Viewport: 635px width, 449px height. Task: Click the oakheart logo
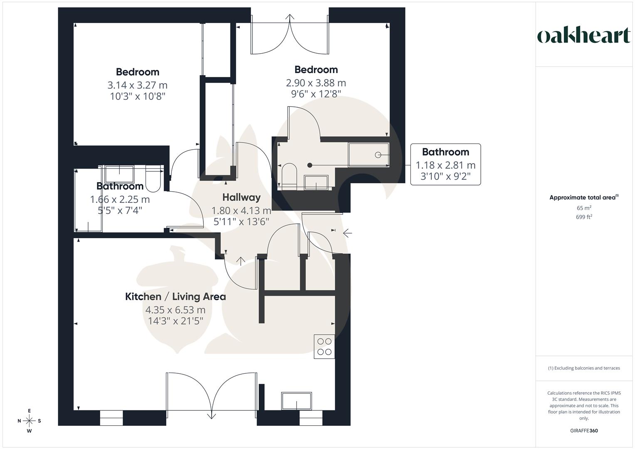(x=584, y=36)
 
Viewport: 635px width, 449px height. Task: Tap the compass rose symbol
(x=30, y=421)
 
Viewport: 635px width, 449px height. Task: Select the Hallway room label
(x=241, y=197)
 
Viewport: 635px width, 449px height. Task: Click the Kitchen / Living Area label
(x=175, y=296)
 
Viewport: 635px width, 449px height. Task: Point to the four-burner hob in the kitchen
(x=324, y=346)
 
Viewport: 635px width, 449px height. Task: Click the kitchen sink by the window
(x=296, y=401)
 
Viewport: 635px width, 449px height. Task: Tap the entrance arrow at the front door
(x=347, y=233)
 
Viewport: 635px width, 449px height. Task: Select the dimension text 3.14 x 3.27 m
(x=137, y=85)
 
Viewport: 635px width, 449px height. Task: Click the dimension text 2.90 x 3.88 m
(x=316, y=83)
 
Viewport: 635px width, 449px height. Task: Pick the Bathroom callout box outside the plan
(x=445, y=164)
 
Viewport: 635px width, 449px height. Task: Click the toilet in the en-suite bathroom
(x=289, y=175)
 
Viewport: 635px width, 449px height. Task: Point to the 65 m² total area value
(x=584, y=208)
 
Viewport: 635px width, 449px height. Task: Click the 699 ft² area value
(x=584, y=217)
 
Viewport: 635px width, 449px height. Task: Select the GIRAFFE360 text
(x=584, y=431)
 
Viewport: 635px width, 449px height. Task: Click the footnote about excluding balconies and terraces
(x=584, y=368)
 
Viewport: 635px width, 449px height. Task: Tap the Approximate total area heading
(x=584, y=197)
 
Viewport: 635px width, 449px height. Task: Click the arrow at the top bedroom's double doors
(x=290, y=17)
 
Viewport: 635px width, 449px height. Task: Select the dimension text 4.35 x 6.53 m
(x=175, y=310)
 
